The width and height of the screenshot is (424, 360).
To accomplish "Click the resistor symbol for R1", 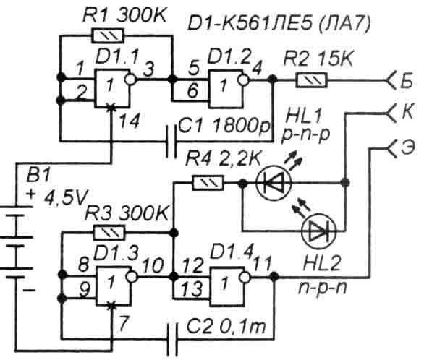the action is click(108, 35).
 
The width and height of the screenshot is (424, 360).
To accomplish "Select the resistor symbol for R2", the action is click(312, 80).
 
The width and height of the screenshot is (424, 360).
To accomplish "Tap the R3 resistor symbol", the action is click(109, 233).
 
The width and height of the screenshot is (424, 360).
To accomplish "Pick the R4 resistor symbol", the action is click(208, 183).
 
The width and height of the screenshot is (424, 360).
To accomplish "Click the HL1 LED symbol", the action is click(274, 183).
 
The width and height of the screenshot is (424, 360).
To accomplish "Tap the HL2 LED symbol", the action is click(319, 231).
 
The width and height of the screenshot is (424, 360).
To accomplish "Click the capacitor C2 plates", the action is click(172, 339).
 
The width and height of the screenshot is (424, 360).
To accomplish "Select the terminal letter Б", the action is click(407, 80).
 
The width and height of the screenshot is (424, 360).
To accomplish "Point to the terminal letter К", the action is click(407, 111).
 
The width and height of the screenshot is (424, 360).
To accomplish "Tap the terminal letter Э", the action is click(407, 147).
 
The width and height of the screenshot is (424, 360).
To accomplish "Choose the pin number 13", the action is click(192, 289).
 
